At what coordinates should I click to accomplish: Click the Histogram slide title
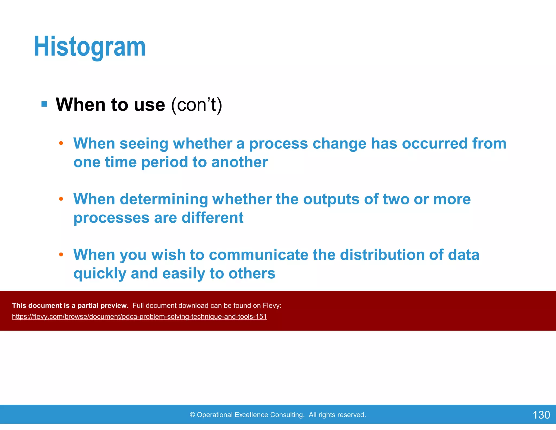pos(90,47)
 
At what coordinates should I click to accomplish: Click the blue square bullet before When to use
pos(44,104)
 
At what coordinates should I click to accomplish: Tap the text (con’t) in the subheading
pos(197,105)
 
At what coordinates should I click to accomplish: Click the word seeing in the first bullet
pos(144,144)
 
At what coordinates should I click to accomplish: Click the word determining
pos(164,199)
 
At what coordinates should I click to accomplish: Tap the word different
pos(212,218)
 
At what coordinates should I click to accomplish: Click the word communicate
pos(258,255)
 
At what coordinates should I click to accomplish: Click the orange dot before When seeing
pos(61,143)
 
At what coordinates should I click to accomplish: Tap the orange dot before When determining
pos(61,199)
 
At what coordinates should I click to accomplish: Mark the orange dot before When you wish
pos(61,255)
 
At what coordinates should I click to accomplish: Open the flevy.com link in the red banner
pos(139,317)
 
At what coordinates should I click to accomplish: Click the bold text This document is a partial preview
pos(70,306)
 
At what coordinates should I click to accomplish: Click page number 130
pos(541,415)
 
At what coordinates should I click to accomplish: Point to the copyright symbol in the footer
pos(192,415)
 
